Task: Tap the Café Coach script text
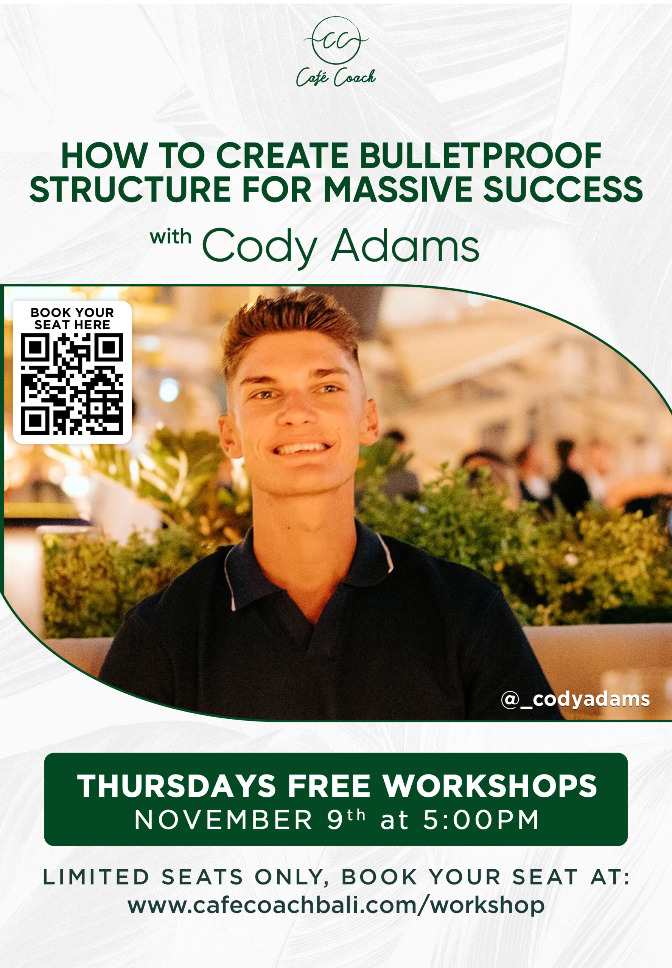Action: click(336, 78)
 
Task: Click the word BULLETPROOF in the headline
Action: click(481, 156)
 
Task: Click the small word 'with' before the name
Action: click(171, 237)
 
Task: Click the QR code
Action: click(72, 384)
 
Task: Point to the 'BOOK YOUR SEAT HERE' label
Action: click(72, 318)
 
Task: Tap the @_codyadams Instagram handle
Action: click(575, 699)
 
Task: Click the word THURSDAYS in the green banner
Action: click(176, 786)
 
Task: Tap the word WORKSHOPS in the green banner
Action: click(490, 786)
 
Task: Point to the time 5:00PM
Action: click(481, 820)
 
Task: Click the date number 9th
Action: click(346, 819)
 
